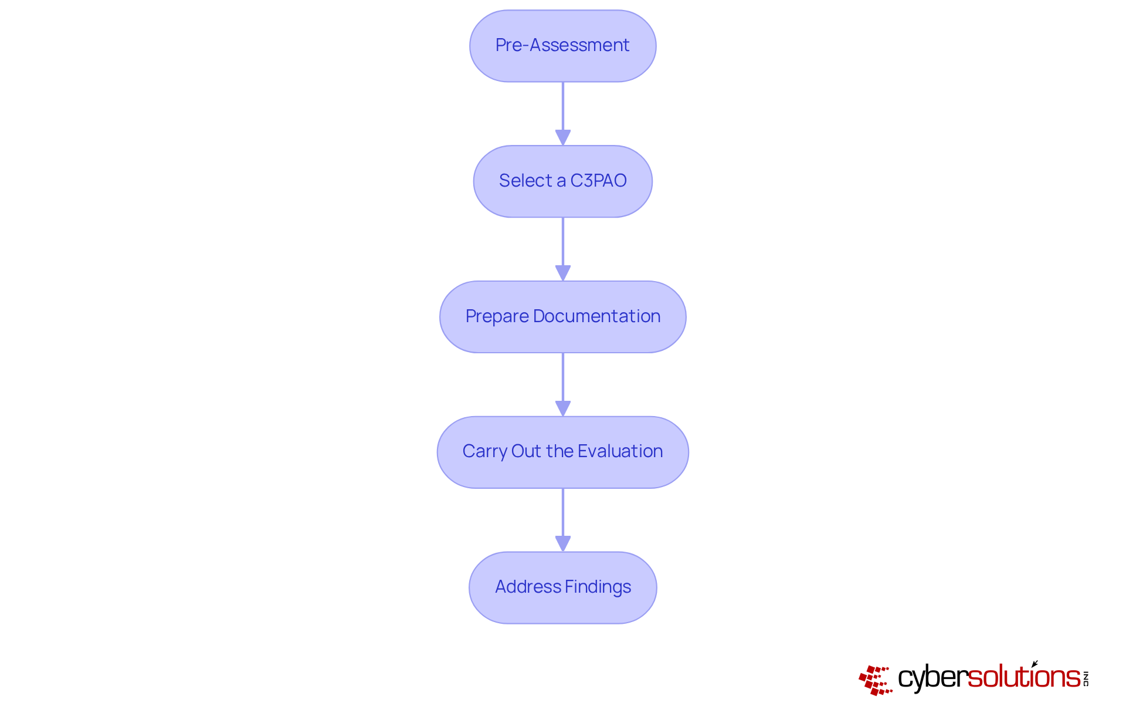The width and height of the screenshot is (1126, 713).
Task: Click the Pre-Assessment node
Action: tap(562, 46)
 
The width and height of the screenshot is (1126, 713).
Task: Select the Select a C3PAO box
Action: tap(562, 181)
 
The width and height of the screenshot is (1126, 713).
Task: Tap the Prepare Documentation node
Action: tap(562, 317)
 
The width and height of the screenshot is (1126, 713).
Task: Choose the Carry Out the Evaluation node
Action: tap(562, 452)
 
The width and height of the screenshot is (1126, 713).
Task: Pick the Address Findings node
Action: tap(562, 587)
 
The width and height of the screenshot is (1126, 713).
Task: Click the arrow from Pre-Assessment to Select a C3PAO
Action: tap(562, 111)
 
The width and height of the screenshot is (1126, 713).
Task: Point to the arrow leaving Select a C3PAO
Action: tap(562, 246)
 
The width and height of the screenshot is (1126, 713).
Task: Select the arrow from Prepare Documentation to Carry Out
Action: tap(562, 382)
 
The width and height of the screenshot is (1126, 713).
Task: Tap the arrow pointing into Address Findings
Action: tap(562, 518)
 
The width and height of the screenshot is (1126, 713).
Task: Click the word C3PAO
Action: tap(598, 181)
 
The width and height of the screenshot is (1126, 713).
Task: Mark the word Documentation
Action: tap(596, 316)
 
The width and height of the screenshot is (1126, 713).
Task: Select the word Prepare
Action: tap(497, 316)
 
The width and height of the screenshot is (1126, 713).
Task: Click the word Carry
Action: tap(485, 451)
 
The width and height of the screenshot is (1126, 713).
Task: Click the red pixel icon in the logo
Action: tap(875, 680)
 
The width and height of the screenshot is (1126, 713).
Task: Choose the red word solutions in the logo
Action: tap(1023, 677)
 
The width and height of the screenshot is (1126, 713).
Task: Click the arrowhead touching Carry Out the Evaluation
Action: tap(562, 408)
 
